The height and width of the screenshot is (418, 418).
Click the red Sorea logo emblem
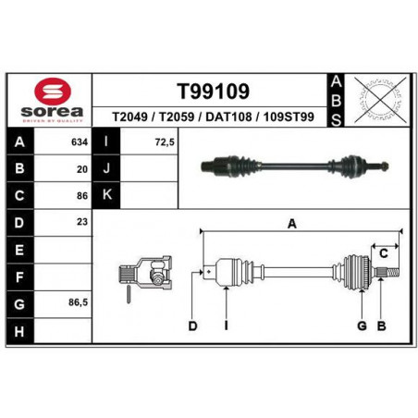coord(53,91)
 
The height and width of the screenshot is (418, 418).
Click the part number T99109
coord(213,92)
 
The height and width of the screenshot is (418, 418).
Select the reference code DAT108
coord(228,117)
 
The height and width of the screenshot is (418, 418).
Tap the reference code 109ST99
coord(289,117)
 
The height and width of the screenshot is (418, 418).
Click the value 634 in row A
coord(80,142)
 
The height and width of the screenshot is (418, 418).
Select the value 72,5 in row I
coord(165,142)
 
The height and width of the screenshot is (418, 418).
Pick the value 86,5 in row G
coord(78,302)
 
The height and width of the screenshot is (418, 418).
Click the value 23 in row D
coord(82,222)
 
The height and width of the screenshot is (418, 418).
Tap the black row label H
coord(19,331)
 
